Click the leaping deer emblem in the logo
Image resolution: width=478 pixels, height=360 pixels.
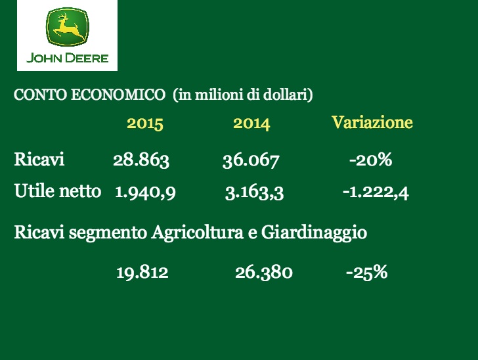point(68,27)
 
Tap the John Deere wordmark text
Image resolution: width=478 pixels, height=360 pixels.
point(68,58)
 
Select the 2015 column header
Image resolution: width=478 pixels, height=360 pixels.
point(145,124)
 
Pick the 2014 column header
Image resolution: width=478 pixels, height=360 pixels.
point(251,124)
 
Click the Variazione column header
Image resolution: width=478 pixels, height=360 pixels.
point(372,122)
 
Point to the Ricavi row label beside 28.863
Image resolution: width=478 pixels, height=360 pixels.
point(39,159)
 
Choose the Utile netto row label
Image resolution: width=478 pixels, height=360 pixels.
point(58,191)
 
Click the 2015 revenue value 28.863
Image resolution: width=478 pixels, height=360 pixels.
point(141,160)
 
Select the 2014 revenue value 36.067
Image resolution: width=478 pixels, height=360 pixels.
point(251,160)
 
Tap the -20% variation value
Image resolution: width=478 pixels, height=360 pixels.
point(371,160)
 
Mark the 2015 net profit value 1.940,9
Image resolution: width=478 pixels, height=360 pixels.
point(145,192)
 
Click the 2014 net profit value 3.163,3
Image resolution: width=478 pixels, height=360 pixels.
point(254,193)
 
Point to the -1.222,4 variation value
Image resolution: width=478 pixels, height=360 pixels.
point(376,193)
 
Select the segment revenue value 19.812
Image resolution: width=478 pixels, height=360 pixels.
point(142,272)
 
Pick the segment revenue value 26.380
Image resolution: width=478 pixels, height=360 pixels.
point(264,272)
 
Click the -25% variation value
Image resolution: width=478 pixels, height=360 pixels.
point(367,272)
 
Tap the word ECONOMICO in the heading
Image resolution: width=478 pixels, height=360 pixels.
point(118,95)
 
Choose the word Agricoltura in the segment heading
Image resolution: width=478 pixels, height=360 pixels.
point(198,233)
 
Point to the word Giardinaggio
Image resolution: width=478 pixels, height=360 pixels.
point(314,233)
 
